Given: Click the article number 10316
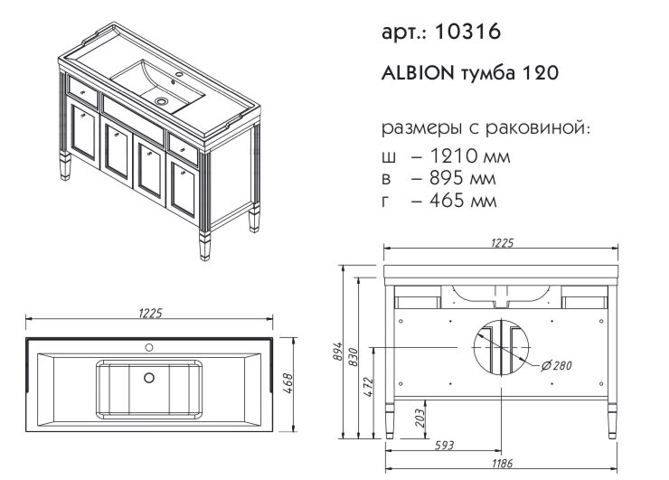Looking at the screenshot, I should point(468,33).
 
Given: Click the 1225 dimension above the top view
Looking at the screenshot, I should point(149,313).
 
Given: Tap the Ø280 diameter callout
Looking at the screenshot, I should point(559,365).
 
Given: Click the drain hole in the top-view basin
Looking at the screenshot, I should point(149,378).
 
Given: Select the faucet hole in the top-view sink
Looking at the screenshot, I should point(149,346).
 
